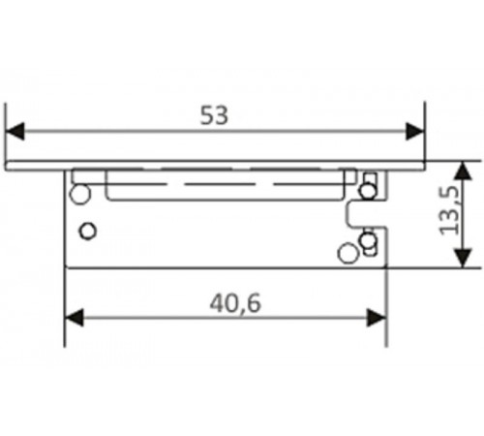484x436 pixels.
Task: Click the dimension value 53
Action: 214,115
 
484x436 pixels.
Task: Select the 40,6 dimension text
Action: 235,303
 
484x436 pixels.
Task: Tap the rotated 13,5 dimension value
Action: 449,211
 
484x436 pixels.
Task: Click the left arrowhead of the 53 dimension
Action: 15,131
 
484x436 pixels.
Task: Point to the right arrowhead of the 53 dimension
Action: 415,131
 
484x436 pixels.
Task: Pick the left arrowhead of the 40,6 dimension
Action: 75,318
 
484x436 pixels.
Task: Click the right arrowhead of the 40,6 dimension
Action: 377,318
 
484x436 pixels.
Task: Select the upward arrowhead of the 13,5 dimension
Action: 463,171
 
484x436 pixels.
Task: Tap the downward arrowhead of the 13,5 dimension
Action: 463,258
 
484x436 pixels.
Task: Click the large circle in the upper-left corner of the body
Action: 80,194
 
